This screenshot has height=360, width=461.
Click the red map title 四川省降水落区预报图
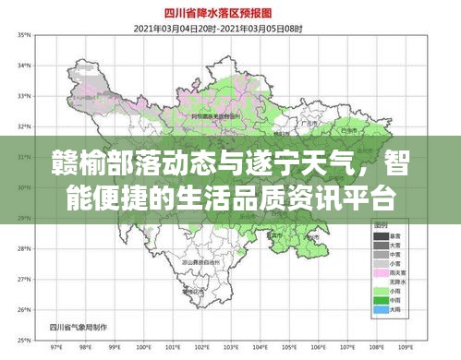231,14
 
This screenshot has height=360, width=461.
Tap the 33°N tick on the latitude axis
25,95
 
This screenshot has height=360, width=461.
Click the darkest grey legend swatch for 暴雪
381,236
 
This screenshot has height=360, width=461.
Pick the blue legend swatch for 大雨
381,310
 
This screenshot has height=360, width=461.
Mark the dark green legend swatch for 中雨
381,301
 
